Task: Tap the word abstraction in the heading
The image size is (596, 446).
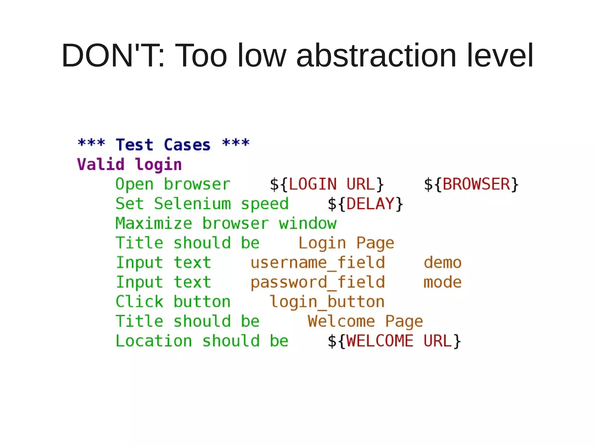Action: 376,55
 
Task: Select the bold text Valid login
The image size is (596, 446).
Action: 130,164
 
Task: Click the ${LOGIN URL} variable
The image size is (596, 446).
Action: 327,184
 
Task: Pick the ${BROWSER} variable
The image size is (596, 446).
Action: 471,184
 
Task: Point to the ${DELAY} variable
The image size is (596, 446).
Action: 365,204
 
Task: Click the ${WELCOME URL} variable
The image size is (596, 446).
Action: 394,341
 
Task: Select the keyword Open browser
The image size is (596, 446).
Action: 173,184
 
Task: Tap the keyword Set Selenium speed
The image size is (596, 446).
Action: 202,204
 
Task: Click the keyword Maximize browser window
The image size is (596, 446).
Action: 226,223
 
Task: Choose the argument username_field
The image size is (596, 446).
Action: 317,263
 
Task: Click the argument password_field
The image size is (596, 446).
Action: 317,282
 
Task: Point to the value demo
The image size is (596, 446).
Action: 442,263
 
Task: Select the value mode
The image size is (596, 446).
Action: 442,282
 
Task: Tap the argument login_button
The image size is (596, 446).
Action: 327,302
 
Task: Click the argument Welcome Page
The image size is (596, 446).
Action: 365,321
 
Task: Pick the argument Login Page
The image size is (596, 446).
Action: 346,243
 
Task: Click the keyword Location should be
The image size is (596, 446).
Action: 202,341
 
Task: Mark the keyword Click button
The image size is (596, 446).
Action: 173,302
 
